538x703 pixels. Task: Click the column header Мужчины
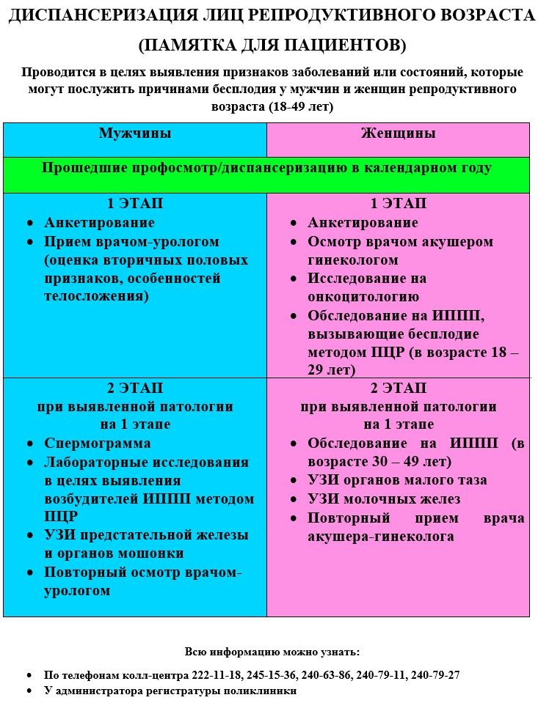coord(135,133)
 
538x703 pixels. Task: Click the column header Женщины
coord(398,133)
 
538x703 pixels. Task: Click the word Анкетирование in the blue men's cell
coord(99,223)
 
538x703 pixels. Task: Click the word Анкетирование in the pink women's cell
coord(363,223)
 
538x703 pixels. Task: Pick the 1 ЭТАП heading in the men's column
coord(135,204)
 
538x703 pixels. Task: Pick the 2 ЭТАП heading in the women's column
coord(398,388)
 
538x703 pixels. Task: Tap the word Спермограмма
coord(98,443)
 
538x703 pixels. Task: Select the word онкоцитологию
coord(363,297)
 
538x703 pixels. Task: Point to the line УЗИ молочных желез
coord(384,499)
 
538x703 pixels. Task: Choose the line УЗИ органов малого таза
coord(397,480)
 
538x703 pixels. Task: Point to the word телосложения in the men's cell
coord(96,297)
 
